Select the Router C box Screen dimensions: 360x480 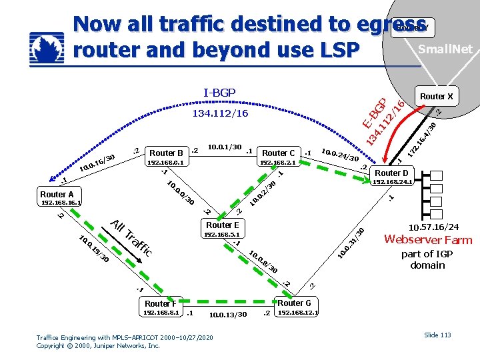[x=279, y=153]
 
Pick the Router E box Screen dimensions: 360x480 [x=222, y=225]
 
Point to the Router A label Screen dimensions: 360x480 [x=57, y=195]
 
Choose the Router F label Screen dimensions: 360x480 [x=161, y=303]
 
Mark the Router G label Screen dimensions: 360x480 [x=295, y=303]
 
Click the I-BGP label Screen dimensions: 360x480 [x=219, y=92]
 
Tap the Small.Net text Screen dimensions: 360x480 [x=445, y=49]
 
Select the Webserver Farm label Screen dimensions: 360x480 [x=428, y=240]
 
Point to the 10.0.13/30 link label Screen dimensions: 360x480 [x=228, y=315]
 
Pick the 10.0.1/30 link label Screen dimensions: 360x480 [x=224, y=147]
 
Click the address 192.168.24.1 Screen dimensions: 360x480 [x=393, y=181]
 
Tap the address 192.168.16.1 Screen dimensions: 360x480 [x=61, y=203]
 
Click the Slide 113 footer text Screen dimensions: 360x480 [x=437, y=335]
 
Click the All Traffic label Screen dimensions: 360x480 [x=132, y=239]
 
